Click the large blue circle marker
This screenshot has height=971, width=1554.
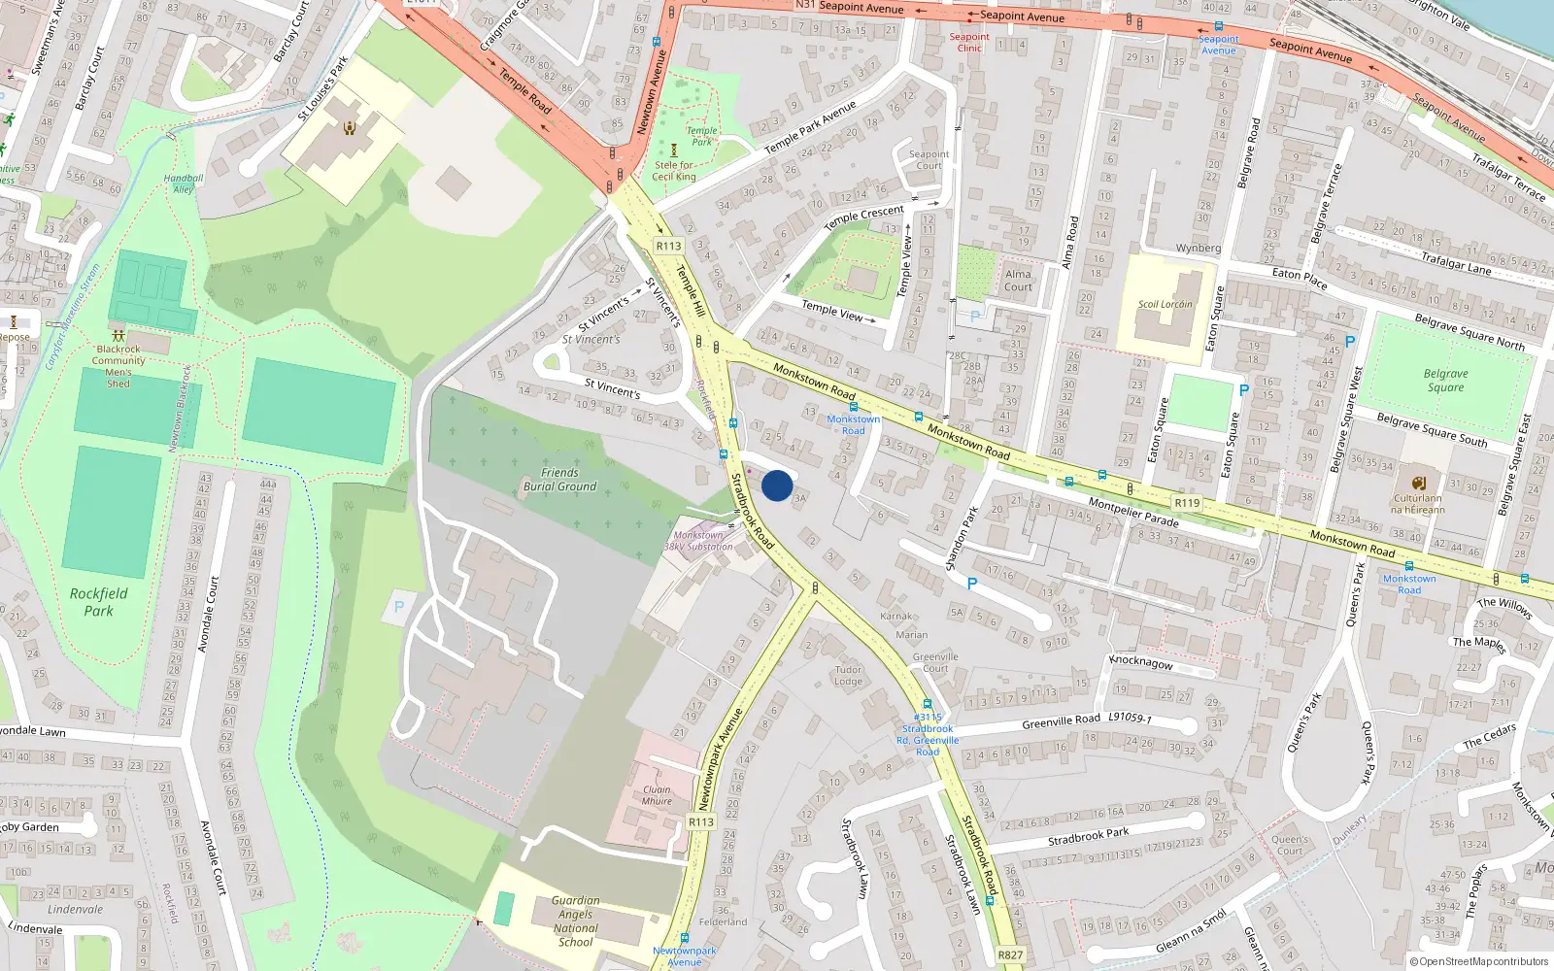click(x=777, y=485)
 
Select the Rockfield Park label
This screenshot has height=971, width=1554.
click(x=98, y=602)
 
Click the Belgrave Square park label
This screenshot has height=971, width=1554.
click(x=1445, y=381)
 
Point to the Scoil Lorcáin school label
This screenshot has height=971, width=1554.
click(x=1165, y=304)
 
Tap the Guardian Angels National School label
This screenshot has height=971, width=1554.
click(x=575, y=921)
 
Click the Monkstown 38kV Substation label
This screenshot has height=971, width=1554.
click(x=698, y=541)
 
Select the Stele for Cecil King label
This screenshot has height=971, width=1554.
click(x=674, y=171)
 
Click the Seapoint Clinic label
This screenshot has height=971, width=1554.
click(x=969, y=42)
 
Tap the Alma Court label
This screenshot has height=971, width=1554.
click(x=1018, y=281)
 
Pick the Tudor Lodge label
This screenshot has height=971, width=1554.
click(x=848, y=675)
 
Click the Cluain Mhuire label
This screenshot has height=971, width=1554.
click(x=657, y=795)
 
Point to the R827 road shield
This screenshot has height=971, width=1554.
click(x=1010, y=954)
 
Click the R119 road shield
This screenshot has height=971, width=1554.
click(x=1186, y=503)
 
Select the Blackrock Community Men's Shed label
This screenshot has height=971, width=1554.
click(x=118, y=366)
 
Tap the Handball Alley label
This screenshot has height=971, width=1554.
click(x=184, y=184)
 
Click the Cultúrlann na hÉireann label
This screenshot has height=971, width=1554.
click(x=1417, y=503)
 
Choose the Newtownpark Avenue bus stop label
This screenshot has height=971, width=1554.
click(x=684, y=956)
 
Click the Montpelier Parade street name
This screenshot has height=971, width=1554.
click(x=1132, y=512)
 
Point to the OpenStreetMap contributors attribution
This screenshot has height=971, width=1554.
click(x=1483, y=961)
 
